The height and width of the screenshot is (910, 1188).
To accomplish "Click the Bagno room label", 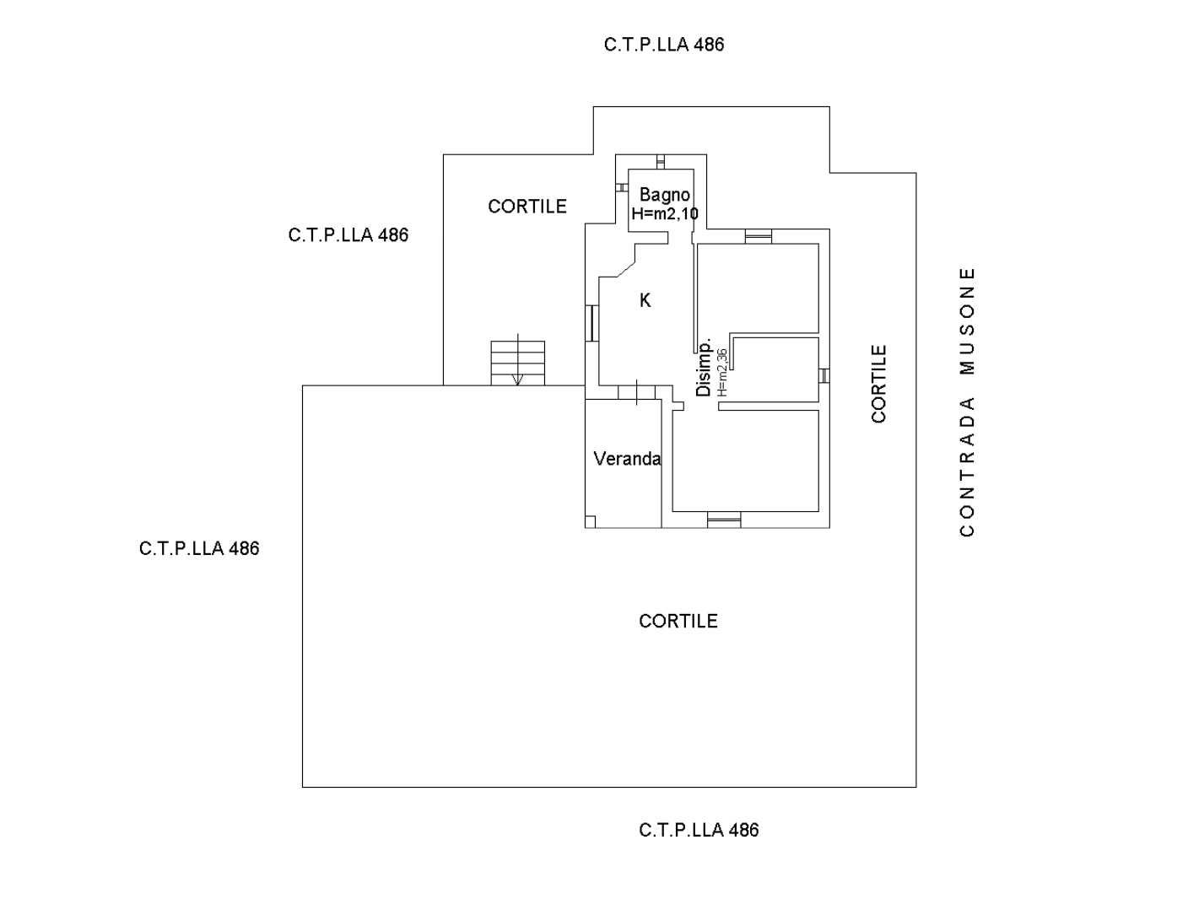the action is [664, 196].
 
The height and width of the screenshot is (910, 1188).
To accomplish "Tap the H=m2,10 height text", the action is [665, 213].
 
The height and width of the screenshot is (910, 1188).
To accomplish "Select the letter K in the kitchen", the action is [645, 300].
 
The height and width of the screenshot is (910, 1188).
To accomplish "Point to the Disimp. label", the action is [703, 367].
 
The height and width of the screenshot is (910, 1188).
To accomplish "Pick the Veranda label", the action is [627, 459].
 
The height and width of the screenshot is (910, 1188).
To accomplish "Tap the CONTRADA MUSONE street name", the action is [967, 402].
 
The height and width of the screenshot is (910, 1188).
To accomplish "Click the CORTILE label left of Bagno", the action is [527, 207].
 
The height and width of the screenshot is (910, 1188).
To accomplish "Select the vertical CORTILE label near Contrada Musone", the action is [878, 384].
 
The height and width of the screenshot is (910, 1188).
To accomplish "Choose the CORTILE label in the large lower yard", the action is [678, 621].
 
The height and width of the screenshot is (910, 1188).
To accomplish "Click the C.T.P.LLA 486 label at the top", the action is [664, 45].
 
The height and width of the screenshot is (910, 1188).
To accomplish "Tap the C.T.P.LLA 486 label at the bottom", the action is [699, 830].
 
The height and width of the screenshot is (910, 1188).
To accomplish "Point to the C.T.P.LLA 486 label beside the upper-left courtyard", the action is [348, 234].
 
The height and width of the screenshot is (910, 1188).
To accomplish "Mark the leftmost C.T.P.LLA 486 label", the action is [199, 548].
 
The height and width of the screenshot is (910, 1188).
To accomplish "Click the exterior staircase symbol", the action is [518, 363].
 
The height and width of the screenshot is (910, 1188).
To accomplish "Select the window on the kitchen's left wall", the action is [592, 323].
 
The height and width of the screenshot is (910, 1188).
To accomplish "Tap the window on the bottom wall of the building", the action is [724, 520].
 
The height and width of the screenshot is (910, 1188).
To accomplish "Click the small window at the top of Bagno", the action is [661, 162].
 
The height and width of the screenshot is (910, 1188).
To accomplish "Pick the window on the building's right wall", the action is [823, 376].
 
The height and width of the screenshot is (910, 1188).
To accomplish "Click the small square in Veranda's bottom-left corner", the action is [591, 522].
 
